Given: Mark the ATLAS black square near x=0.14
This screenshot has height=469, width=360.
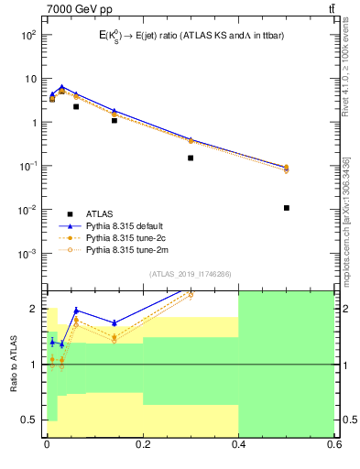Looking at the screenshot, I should point(114,120).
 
